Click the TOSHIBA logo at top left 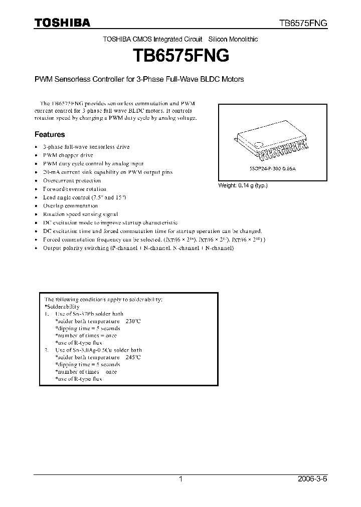tap(62, 23)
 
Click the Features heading tap(50, 134)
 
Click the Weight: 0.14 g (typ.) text tap(243, 185)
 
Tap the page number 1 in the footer tap(180, 479)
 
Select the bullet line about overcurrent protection tap(72, 180)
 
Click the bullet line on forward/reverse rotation tap(75, 189)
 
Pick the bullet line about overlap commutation tap(70, 206)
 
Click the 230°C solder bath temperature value tap(131, 321)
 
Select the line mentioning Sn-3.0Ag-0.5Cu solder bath tap(98, 350)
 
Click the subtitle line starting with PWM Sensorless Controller tap(139, 79)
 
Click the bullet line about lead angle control tap(84, 197)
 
